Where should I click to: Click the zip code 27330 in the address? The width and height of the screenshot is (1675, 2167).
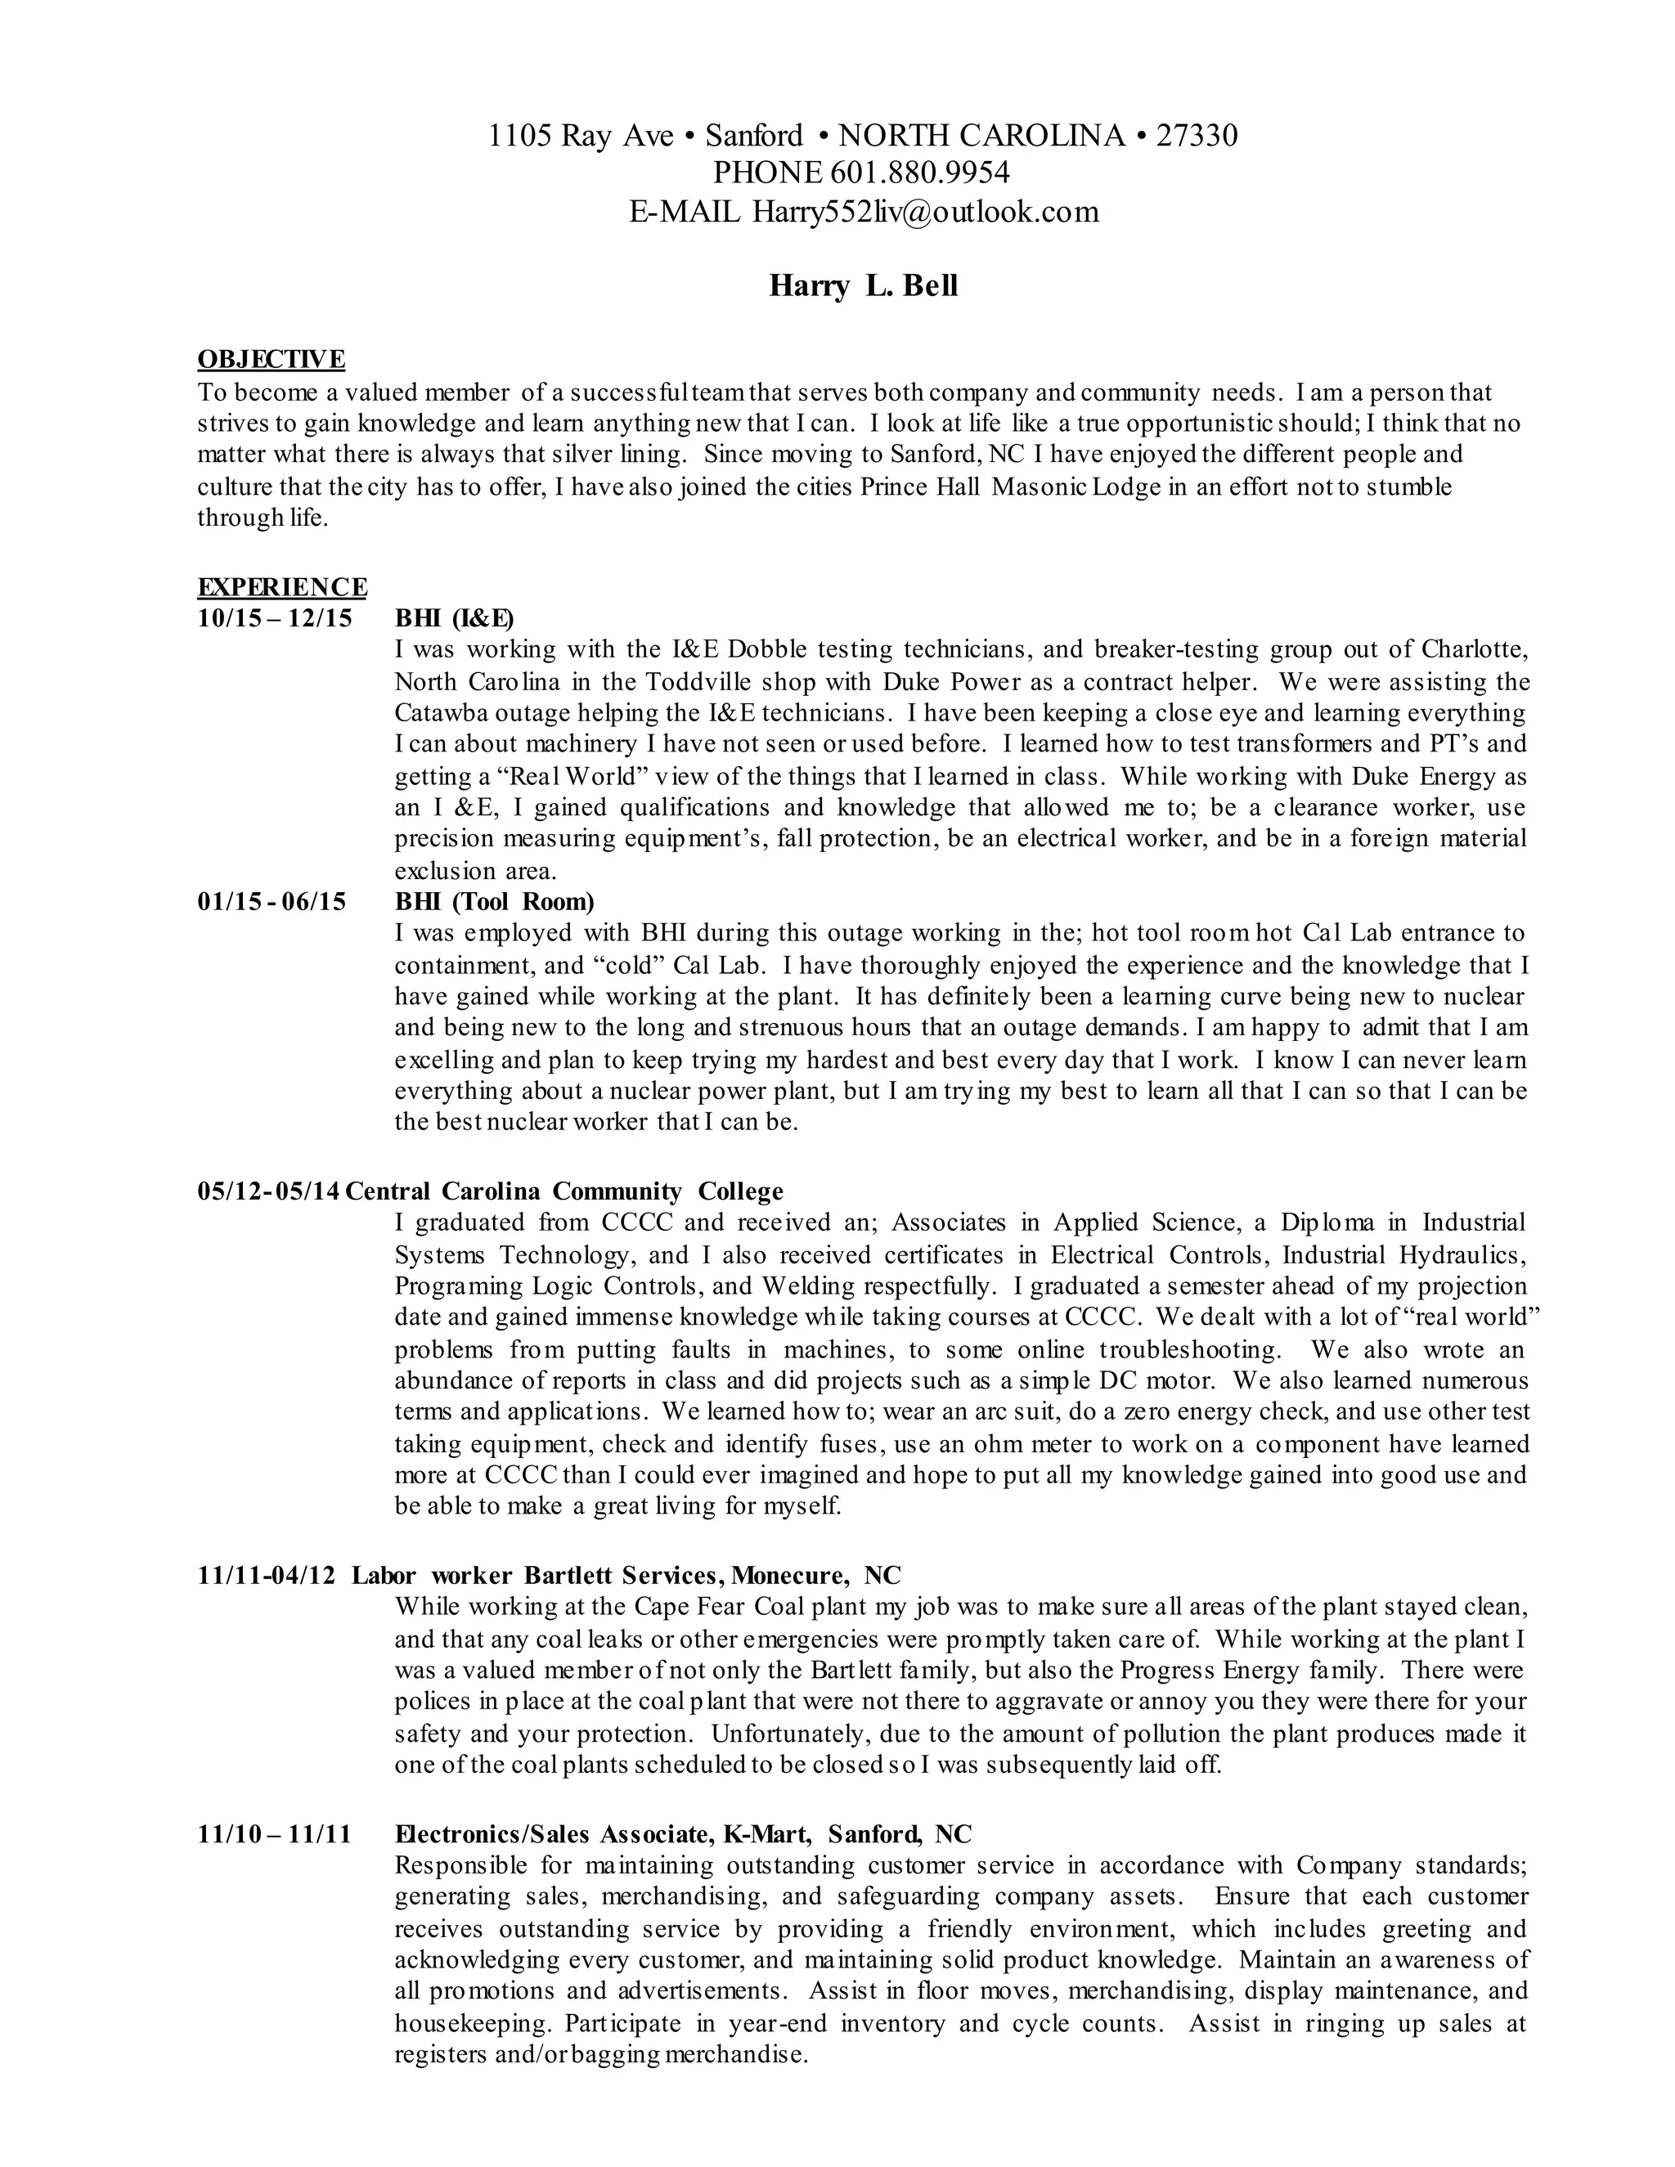coord(1197,135)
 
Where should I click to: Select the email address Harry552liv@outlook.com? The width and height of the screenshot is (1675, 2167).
coord(925,213)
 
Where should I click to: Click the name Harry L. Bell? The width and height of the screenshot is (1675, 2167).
coord(864,287)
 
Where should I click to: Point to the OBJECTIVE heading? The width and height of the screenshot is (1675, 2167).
coord(271,358)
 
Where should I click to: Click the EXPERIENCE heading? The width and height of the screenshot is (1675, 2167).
coord(282,586)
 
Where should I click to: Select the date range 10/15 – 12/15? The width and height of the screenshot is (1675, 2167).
coord(275,618)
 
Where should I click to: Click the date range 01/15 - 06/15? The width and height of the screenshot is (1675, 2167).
coord(272,902)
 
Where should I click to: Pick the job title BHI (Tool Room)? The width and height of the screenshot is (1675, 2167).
coord(494,902)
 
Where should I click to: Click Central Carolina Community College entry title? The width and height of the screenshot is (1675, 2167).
coord(564,1191)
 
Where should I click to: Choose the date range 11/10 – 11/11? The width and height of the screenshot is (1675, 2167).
coord(275,1833)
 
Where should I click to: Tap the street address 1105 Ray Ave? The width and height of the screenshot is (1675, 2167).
coord(581,135)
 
